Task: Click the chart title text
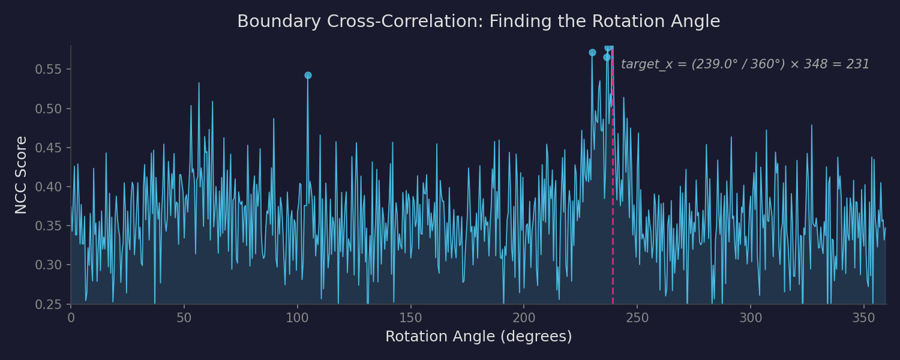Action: click(478, 22)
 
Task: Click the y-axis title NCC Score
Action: click(21, 175)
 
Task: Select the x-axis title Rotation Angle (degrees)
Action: click(478, 337)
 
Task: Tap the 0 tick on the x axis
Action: click(71, 317)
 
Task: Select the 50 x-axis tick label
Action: click(184, 317)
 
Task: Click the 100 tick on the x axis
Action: click(297, 317)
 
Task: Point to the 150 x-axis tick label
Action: click(410, 317)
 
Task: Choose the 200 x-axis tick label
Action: click(524, 317)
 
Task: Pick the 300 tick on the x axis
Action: click(750, 317)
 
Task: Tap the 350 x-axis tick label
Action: click(863, 317)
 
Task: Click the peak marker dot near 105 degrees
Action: click(308, 76)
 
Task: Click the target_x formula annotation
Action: click(745, 64)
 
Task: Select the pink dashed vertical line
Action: click(613, 180)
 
